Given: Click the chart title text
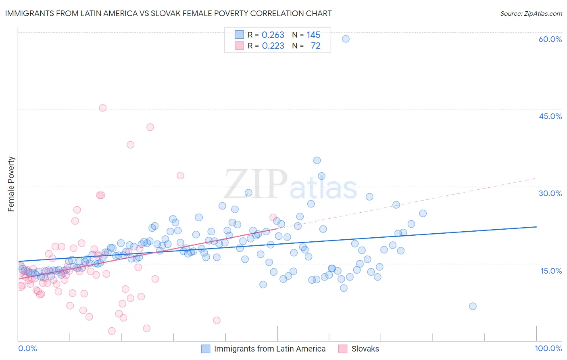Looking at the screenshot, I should (x=168, y=13).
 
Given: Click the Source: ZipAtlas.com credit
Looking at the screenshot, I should (x=531, y=13).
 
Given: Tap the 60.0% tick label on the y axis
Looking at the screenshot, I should (x=550, y=39).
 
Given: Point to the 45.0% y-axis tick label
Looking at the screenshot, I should (x=550, y=116).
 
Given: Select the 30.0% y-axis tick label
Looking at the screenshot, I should (x=550, y=193).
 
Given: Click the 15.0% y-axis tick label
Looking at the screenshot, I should (x=551, y=270).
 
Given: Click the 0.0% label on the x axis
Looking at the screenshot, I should (x=27, y=348).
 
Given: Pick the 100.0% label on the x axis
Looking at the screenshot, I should (x=548, y=348).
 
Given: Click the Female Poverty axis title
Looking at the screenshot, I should (x=11, y=184).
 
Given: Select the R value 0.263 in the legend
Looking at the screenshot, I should (x=273, y=35).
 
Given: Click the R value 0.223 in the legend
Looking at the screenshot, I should (x=273, y=46).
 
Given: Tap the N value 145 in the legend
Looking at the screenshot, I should (x=313, y=35).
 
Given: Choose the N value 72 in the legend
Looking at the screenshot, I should (x=315, y=46).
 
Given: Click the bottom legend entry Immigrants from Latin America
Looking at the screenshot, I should (x=269, y=349).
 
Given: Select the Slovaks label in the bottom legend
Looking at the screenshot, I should (x=365, y=349).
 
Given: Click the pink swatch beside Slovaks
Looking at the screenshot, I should (x=343, y=349).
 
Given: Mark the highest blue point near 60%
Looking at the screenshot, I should (x=346, y=39).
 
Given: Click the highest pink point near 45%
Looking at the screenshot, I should (x=103, y=108).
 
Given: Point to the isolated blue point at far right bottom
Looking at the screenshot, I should (x=473, y=306).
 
